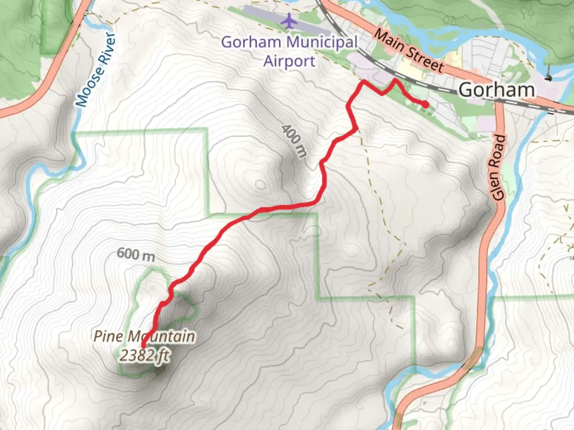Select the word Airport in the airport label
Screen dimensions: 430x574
(x=289, y=62)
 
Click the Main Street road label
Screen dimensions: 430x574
(x=409, y=51)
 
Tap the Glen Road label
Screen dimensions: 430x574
(x=498, y=167)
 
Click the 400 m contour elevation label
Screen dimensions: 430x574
(x=295, y=141)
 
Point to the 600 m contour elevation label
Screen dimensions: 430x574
(x=136, y=254)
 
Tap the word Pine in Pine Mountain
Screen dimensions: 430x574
(x=108, y=336)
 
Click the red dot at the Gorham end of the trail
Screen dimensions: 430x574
(x=426, y=104)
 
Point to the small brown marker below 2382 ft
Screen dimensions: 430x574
(x=160, y=371)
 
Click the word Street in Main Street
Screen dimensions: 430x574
(x=425, y=60)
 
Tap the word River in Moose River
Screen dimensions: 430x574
(x=106, y=50)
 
